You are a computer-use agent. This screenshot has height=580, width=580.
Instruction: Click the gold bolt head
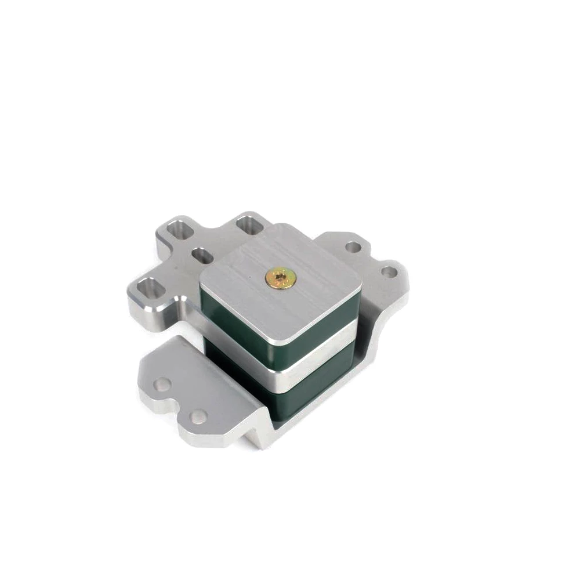[x=279, y=278]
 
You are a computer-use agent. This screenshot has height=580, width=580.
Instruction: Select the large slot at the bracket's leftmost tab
[x=149, y=287]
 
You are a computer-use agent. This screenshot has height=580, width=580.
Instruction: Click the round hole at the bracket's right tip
[x=390, y=271]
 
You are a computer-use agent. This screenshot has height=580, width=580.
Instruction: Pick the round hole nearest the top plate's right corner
[x=351, y=247]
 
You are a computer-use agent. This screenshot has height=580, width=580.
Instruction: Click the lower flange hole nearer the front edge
[x=198, y=415]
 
